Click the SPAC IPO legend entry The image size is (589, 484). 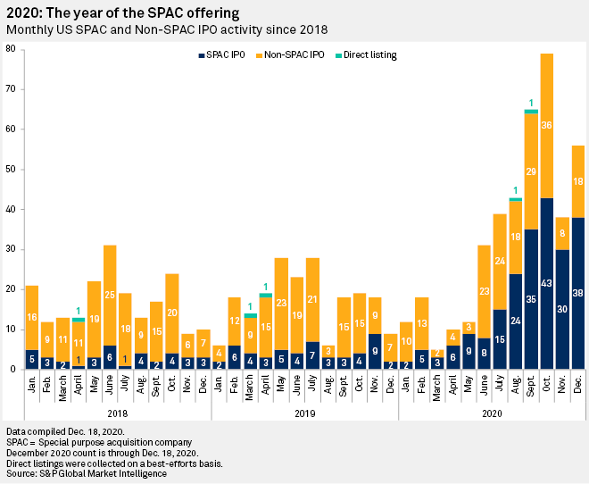click(x=224, y=55)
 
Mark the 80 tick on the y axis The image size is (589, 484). click(x=10, y=48)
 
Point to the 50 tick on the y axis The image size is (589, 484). click(x=10, y=169)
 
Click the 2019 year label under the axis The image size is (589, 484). click(x=304, y=414)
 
